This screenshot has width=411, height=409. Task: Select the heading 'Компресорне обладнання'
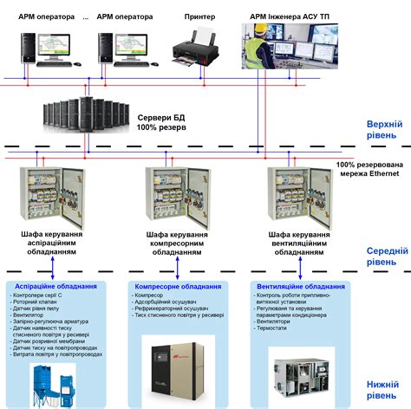(x=176, y=286)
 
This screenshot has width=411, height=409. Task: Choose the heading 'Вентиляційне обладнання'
(x=300, y=286)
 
